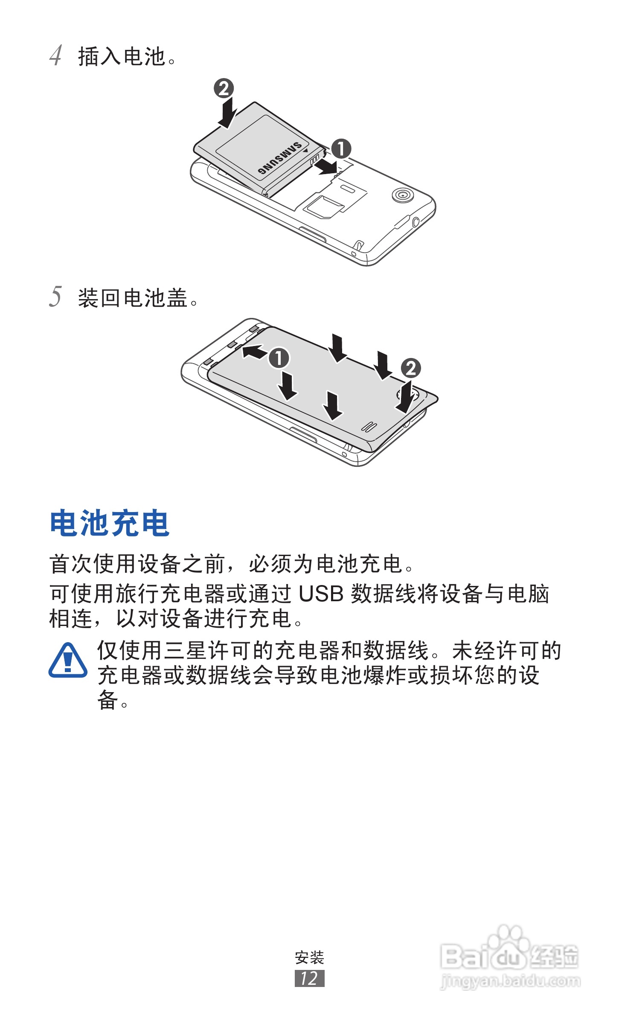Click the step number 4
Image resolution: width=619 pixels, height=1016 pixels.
(x=55, y=55)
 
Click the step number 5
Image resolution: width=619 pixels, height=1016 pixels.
(x=55, y=297)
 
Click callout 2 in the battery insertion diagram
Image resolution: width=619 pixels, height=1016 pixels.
(x=224, y=88)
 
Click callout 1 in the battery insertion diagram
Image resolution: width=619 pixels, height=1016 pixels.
(x=341, y=148)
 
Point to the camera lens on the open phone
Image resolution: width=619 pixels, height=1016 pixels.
(x=402, y=195)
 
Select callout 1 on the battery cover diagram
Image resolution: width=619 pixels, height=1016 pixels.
(x=279, y=358)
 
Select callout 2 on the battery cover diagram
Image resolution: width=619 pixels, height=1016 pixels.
(x=411, y=368)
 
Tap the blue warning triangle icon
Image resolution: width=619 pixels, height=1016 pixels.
(x=68, y=661)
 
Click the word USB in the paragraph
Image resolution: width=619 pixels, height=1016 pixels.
(x=321, y=594)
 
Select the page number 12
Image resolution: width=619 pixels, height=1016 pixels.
(x=309, y=978)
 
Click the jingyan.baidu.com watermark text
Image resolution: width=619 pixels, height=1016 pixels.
(x=510, y=981)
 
